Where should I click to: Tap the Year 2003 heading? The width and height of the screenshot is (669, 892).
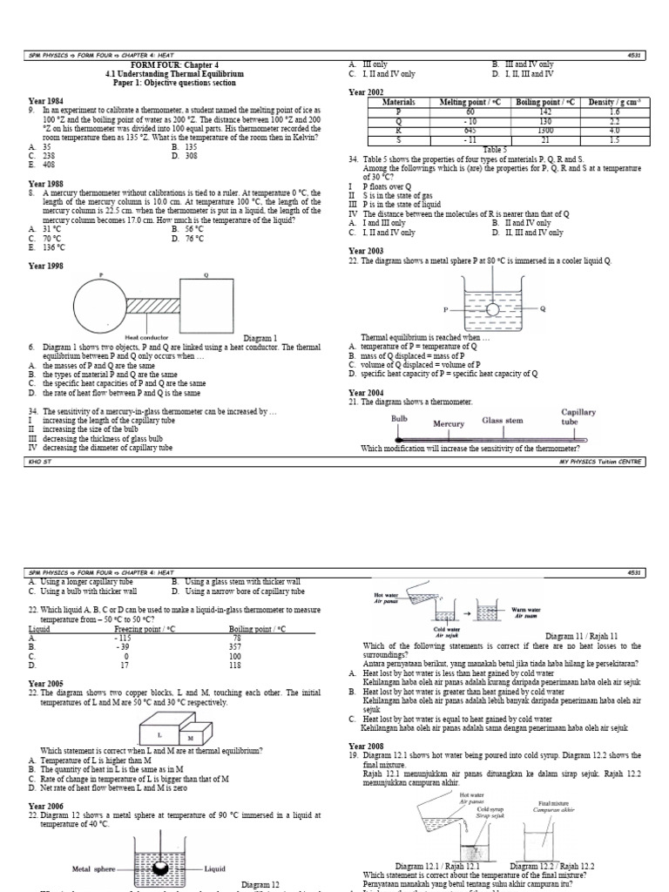pos(367,250)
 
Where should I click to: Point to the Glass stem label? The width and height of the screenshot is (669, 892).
pos(503,421)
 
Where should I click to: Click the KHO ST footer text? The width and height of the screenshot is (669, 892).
pos(40,463)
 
